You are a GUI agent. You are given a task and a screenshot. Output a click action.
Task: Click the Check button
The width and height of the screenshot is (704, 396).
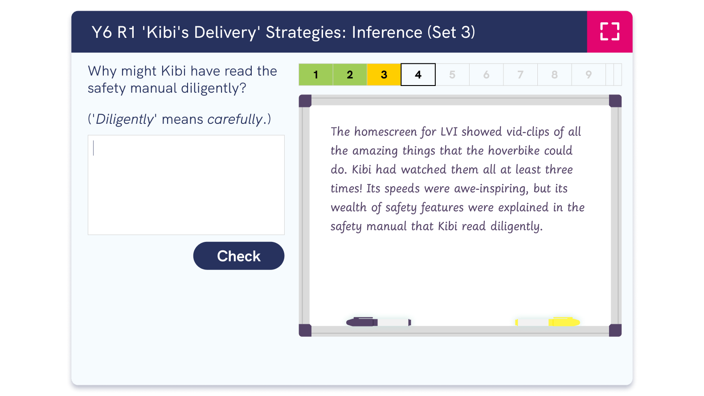tap(239, 256)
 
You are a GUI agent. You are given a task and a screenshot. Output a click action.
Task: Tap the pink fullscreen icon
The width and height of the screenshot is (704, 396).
tap(610, 32)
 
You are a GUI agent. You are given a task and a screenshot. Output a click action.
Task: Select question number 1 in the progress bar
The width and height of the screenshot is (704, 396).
tap(315, 75)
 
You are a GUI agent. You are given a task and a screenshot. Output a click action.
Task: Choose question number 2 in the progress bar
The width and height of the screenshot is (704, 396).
tap(350, 75)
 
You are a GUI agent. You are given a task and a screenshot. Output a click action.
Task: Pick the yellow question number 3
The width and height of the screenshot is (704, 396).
tap(384, 75)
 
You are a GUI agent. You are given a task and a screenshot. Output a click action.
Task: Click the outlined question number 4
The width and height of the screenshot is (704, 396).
tap(418, 75)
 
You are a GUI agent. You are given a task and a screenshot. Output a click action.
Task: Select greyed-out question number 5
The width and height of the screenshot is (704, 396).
tap(452, 75)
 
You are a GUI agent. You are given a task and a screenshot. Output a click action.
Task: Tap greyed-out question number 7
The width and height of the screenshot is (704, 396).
tap(520, 75)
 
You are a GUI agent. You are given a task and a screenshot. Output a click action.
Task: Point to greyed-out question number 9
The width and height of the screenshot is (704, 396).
tap(589, 75)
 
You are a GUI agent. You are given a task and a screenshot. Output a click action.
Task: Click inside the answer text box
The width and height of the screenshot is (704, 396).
tap(186, 185)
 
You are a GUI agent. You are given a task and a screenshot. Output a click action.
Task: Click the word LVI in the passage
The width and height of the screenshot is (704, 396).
tap(449, 132)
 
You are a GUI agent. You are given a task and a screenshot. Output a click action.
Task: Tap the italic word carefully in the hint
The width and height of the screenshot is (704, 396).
tap(235, 119)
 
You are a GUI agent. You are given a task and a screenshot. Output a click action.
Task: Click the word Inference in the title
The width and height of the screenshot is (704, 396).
tap(387, 33)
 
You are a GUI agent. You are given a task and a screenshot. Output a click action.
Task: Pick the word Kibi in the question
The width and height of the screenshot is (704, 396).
tap(173, 71)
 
